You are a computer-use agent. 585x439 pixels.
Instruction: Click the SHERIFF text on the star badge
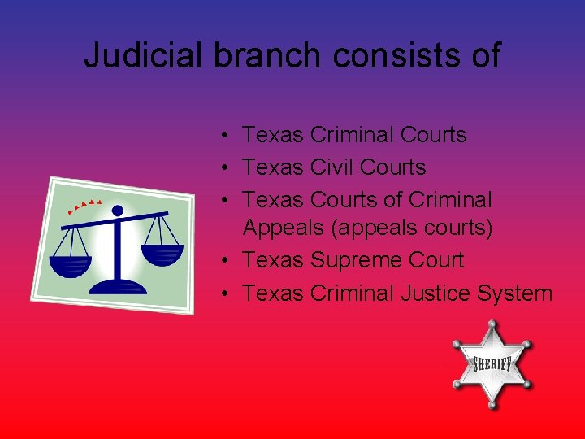coord(492,363)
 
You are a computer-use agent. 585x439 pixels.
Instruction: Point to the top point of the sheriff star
coord(491,323)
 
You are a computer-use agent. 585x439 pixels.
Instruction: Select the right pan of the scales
coord(162,253)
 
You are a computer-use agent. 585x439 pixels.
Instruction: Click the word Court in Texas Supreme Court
coord(435,261)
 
